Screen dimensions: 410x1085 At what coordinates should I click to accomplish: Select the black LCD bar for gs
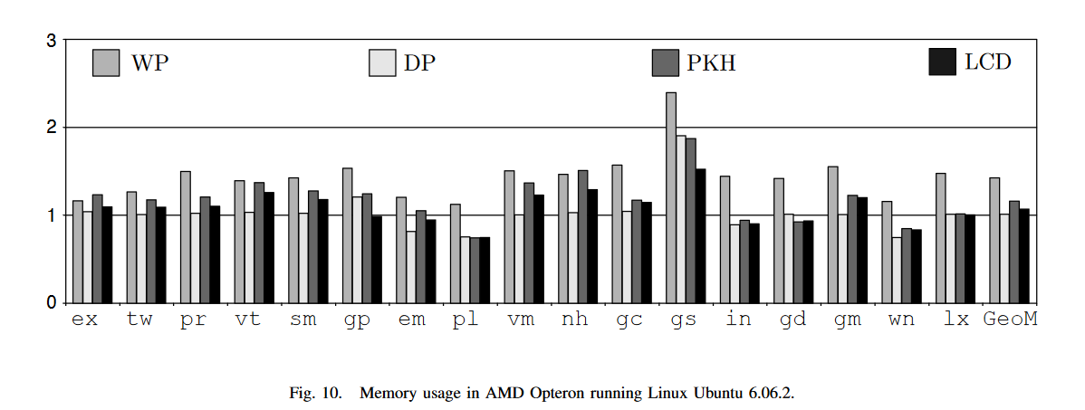point(700,235)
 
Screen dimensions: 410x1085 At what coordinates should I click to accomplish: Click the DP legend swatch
point(381,62)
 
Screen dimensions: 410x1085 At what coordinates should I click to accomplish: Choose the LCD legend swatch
point(943,62)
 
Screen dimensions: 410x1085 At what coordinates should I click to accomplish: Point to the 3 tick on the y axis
point(52,42)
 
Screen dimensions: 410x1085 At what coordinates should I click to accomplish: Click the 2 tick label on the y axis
point(52,128)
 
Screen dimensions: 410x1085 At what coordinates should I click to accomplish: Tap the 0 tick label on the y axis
point(52,302)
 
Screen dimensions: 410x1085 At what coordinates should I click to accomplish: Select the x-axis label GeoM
point(1010,320)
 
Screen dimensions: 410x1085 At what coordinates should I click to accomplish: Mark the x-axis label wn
point(901,320)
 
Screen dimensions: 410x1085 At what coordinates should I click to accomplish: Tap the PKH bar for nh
point(583,236)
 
